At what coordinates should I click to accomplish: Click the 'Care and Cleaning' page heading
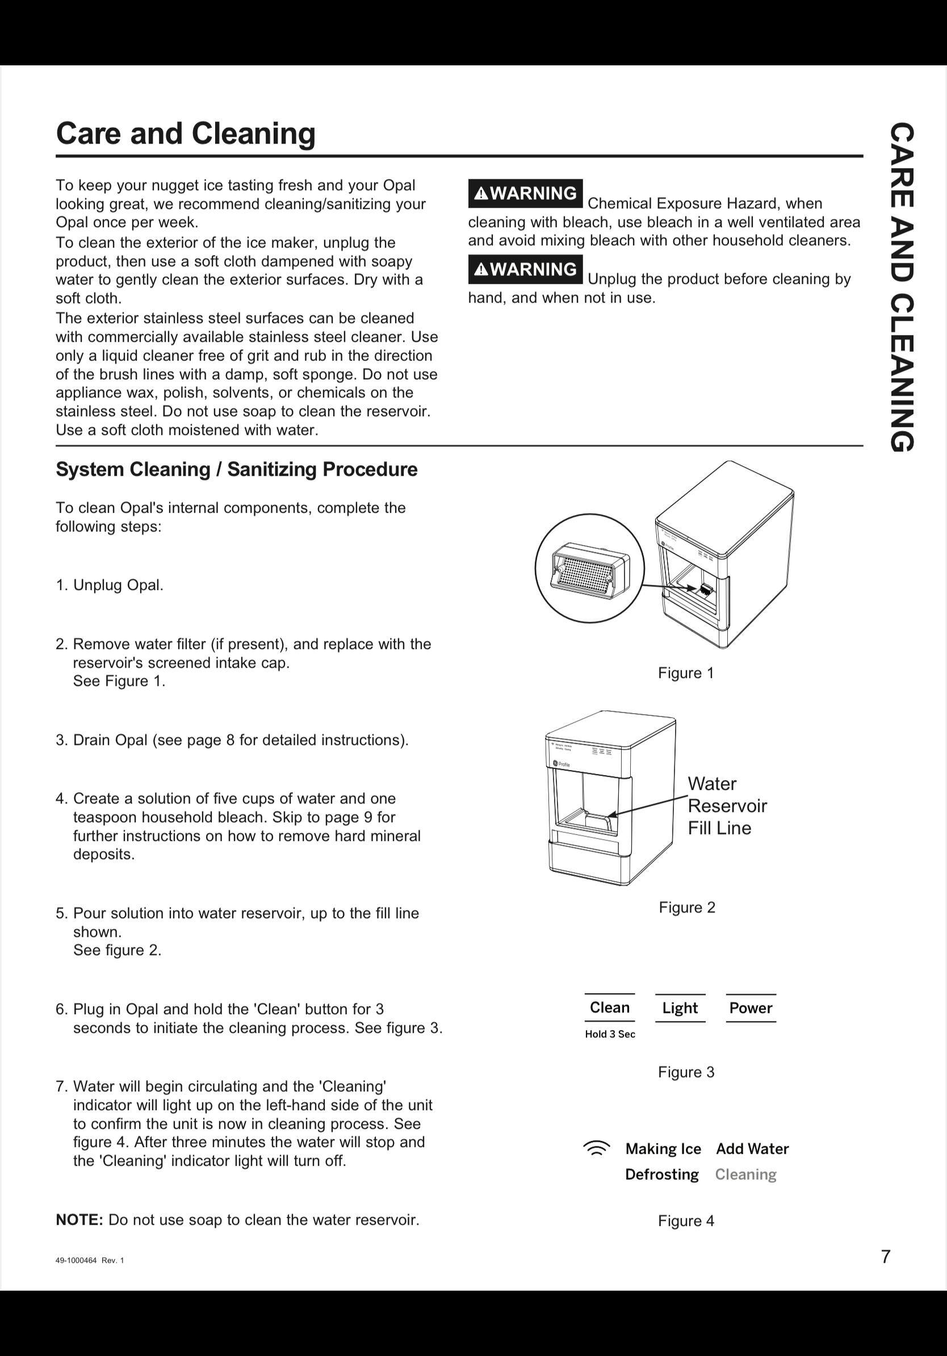click(x=186, y=133)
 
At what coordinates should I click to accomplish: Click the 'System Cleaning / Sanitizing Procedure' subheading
click(x=236, y=470)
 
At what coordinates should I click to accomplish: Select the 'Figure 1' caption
click(x=685, y=673)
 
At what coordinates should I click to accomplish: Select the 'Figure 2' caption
click(x=686, y=907)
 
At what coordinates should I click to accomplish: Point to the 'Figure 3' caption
click(x=685, y=1072)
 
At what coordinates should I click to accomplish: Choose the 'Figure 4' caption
click(x=685, y=1221)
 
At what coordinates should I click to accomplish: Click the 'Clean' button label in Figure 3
click(x=609, y=1007)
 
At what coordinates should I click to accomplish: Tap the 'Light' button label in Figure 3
click(x=680, y=1008)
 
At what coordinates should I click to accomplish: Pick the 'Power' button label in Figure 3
click(x=751, y=1008)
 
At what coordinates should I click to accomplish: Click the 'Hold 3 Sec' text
click(x=610, y=1034)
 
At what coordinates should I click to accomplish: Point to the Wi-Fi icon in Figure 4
click(x=596, y=1148)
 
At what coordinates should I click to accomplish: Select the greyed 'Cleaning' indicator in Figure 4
click(x=745, y=1175)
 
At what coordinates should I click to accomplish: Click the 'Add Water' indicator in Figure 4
click(x=752, y=1149)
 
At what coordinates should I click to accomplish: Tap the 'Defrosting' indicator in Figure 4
click(x=661, y=1175)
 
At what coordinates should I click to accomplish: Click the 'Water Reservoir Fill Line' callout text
click(x=726, y=806)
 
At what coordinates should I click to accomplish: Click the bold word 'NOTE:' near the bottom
click(x=79, y=1220)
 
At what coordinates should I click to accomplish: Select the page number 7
click(x=885, y=1257)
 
